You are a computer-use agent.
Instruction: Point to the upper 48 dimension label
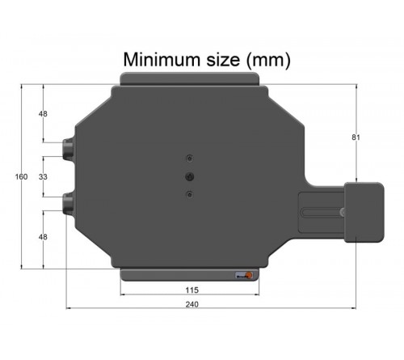[x=42, y=113]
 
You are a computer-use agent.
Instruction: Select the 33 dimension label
[x=42, y=176]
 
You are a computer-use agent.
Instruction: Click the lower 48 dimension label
[x=42, y=237]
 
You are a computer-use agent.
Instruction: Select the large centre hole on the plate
[x=189, y=176]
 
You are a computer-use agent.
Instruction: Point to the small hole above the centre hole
[x=189, y=157]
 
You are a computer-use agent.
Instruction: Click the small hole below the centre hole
[x=189, y=194]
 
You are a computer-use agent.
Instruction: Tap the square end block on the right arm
[x=364, y=212]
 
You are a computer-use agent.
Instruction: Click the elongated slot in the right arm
[x=323, y=213]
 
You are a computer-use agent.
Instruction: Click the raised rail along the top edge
[x=190, y=78]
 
